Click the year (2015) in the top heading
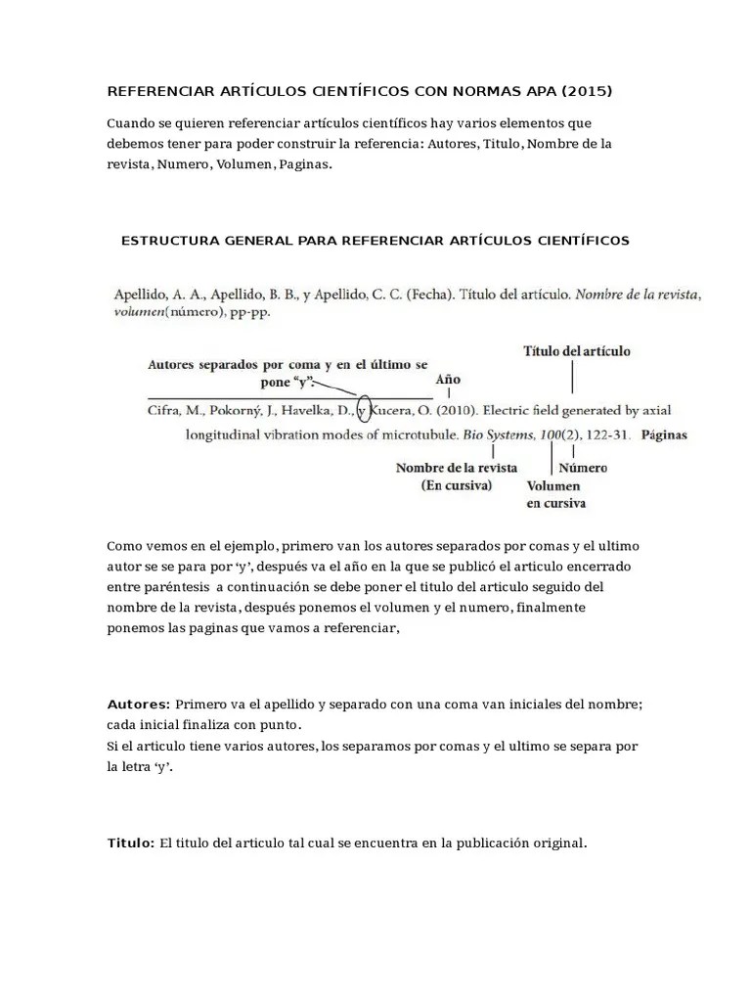pos(586,92)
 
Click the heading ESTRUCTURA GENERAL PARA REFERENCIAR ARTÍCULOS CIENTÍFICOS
pos(375,240)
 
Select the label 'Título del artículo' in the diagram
pos(577,350)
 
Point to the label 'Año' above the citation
pos(448,380)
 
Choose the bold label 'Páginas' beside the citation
pos(665,434)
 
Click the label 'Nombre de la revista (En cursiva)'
pos(456,477)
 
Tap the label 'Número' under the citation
pos(582,468)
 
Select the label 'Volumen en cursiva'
pos(555,495)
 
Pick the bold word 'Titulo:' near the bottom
pos(131,843)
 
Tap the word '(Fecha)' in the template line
pos(428,293)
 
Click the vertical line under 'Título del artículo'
pos(572,377)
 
